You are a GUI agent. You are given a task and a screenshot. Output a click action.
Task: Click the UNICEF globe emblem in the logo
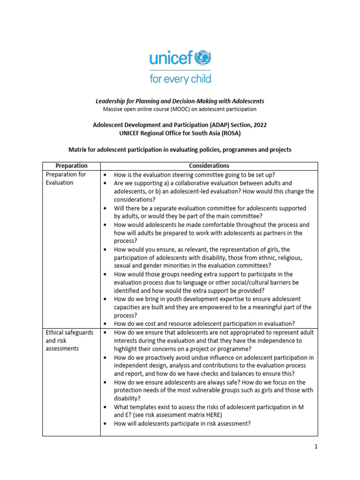coord(202,58)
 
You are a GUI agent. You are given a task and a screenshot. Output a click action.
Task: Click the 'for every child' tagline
coord(180,78)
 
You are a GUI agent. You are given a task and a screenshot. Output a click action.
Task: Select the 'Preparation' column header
coord(71,166)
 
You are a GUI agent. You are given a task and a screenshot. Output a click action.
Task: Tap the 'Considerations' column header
coord(209,166)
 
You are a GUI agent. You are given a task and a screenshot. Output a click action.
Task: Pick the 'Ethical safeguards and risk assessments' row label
coord(69,340)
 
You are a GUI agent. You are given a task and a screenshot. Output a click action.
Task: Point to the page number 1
coord(316,447)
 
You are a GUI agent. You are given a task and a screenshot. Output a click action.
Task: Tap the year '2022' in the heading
coord(259,125)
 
